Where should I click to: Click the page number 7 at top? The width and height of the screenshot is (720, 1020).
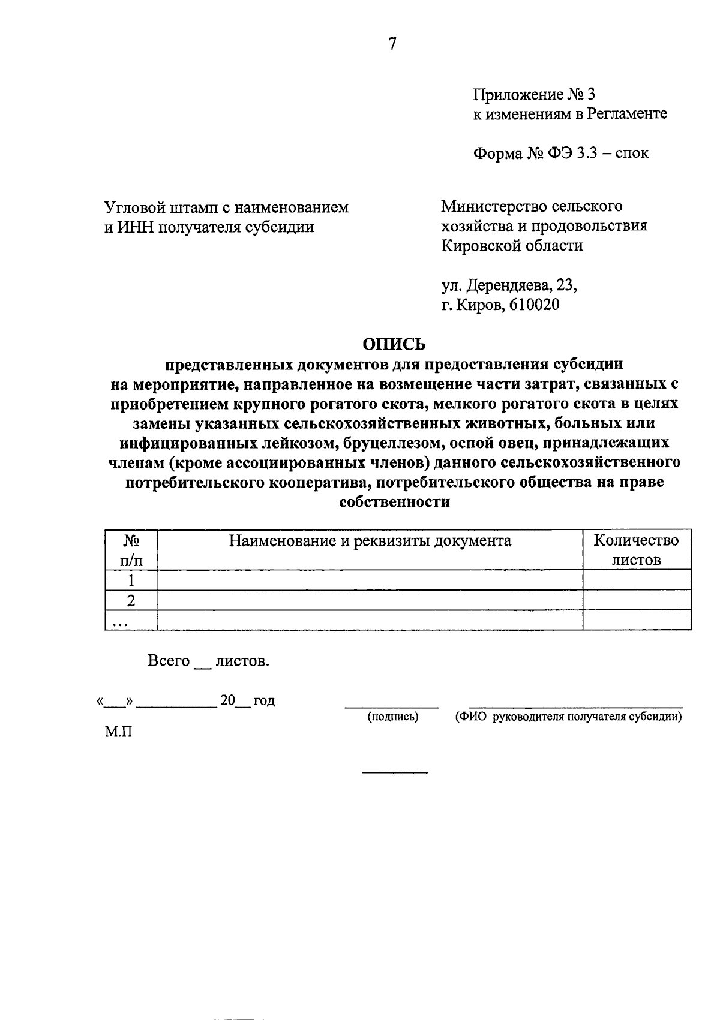tap(392, 44)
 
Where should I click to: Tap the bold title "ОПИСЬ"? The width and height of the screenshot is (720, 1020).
tap(394, 344)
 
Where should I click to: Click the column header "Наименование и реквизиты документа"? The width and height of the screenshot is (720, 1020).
tap(370, 541)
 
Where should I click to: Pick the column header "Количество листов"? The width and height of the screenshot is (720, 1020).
tap(636, 550)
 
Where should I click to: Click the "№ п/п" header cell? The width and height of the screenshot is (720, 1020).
tap(131, 550)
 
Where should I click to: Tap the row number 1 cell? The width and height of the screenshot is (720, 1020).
tap(131, 580)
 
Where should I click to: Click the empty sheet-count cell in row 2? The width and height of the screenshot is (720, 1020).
tap(636, 600)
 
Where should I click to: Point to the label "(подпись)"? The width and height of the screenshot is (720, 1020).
tap(392, 717)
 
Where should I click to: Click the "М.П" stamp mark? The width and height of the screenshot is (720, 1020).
tap(118, 732)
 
